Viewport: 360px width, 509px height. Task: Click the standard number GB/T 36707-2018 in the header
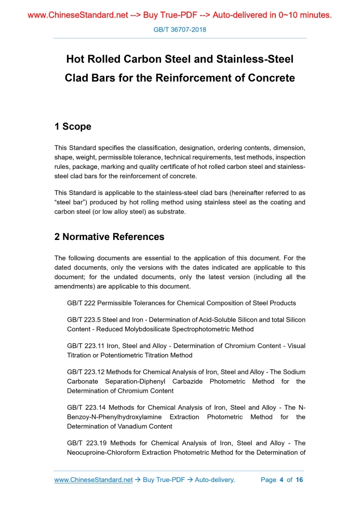[x=180, y=30]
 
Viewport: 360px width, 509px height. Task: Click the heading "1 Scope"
[x=73, y=127]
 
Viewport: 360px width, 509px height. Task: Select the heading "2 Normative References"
[x=109, y=237]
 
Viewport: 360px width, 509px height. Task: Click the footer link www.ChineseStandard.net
[x=94, y=480]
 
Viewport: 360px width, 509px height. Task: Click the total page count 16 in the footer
[x=299, y=480]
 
